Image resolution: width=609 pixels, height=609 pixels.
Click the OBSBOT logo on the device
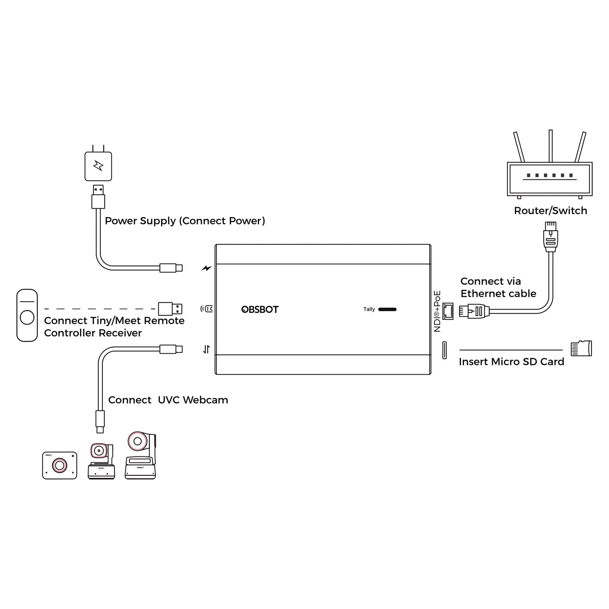260,309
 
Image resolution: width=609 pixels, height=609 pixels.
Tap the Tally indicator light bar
387,309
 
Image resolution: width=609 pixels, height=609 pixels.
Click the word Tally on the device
369,309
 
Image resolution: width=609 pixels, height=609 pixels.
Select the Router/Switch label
550,211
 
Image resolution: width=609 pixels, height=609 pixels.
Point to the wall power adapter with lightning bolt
98,166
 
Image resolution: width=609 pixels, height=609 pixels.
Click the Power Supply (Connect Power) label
185,221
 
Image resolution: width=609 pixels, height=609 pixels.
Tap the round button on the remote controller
27,317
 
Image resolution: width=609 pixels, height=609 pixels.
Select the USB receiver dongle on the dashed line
170,309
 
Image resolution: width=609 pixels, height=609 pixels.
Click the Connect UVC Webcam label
168,400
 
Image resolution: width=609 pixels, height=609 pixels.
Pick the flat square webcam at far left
60,465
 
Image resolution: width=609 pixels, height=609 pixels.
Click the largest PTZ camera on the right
140,456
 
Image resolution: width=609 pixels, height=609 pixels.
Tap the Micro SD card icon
581,348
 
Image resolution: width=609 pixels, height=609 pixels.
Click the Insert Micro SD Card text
511,362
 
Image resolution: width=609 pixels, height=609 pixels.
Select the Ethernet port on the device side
447,311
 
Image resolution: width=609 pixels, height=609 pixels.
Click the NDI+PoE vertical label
437,311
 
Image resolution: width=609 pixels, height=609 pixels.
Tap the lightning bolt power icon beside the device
207,268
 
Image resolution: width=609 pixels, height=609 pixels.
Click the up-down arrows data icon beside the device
207,349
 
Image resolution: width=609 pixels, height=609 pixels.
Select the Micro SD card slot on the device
445,350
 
